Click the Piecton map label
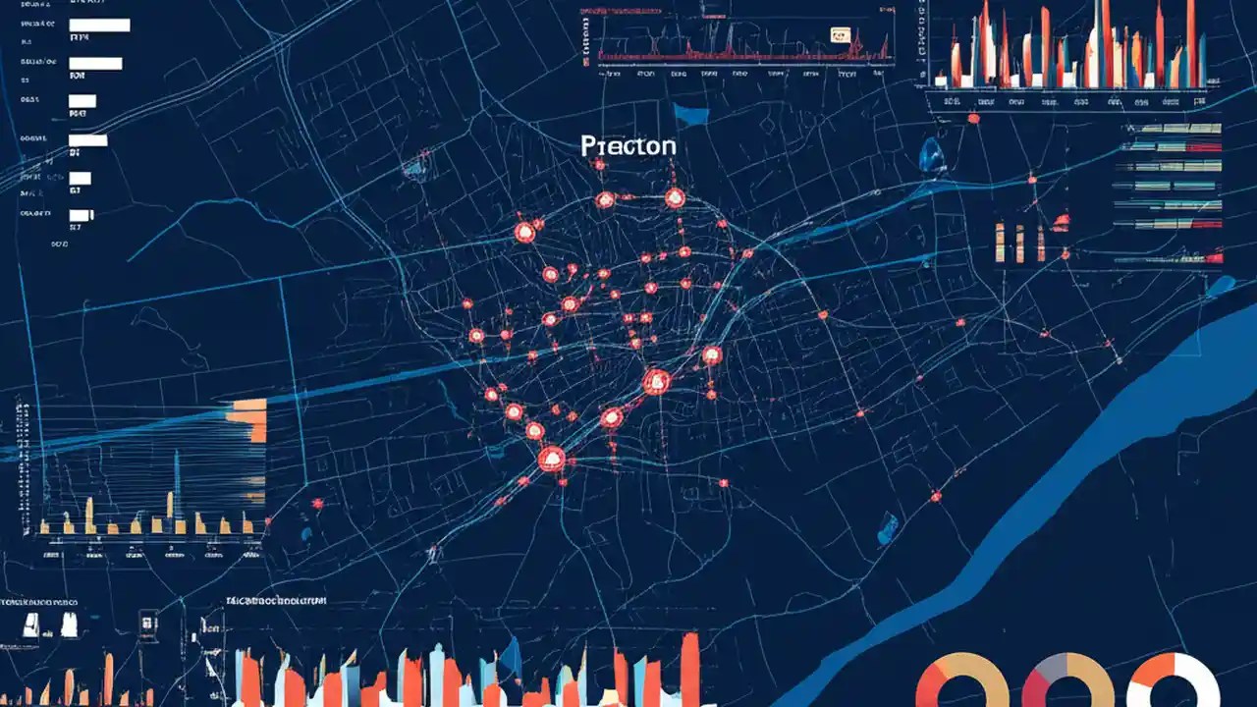(x=628, y=146)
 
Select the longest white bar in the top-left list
(x=99, y=25)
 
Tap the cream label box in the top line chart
(x=840, y=35)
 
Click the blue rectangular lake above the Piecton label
(x=691, y=115)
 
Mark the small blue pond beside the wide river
(x=887, y=530)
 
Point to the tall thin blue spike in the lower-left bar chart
(x=177, y=471)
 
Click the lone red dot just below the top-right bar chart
(x=973, y=119)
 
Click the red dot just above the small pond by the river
(x=936, y=497)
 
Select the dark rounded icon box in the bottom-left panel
(x=147, y=622)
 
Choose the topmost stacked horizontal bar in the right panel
(x=1168, y=128)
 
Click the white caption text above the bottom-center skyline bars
(x=276, y=600)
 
